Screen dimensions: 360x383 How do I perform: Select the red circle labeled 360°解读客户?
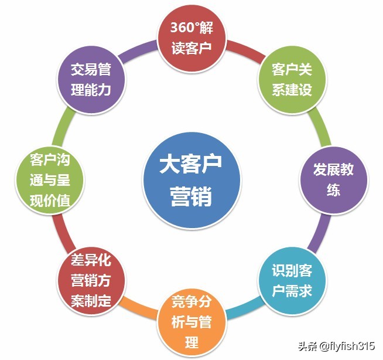(x=191, y=38)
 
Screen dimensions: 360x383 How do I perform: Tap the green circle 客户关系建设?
(x=292, y=80)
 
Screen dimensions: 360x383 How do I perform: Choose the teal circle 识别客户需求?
(x=292, y=281)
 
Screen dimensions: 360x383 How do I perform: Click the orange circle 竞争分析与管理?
(x=191, y=322)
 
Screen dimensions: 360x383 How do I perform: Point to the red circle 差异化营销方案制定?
(x=91, y=281)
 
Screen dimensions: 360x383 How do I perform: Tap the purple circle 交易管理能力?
(x=91, y=80)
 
